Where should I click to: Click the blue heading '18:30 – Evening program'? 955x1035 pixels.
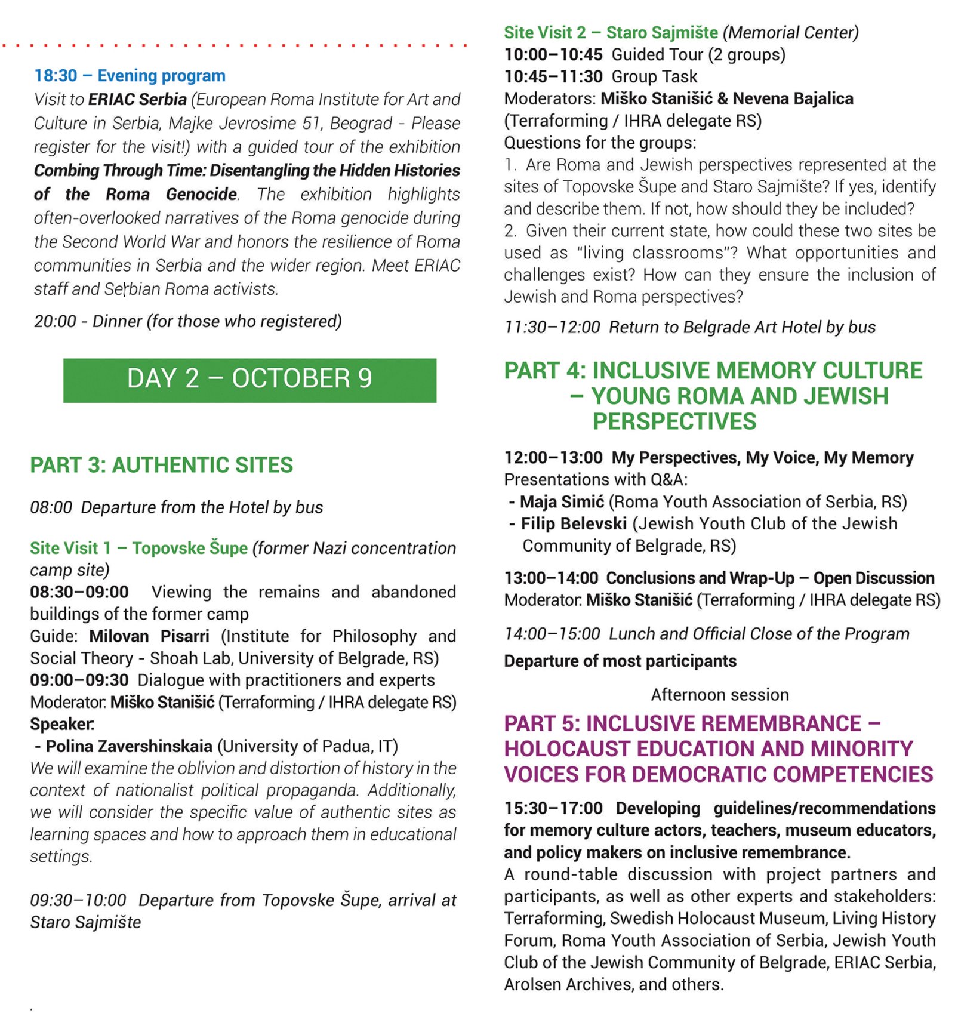click(x=130, y=76)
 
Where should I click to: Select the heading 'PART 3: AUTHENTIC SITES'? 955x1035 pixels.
click(x=161, y=465)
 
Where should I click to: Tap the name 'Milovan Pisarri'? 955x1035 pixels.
click(x=149, y=636)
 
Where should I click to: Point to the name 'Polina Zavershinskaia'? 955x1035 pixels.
click(x=129, y=746)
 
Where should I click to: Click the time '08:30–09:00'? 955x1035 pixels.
click(x=79, y=592)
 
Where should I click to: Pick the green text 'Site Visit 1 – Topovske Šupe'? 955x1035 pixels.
click(x=138, y=548)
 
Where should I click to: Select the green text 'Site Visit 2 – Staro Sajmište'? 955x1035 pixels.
click(x=611, y=32)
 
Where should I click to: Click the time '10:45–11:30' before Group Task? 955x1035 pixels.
click(x=553, y=76)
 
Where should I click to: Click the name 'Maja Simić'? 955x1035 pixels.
click(x=562, y=502)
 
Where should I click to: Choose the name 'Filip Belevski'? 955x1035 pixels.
click(x=574, y=524)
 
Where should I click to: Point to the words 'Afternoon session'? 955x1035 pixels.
click(x=720, y=695)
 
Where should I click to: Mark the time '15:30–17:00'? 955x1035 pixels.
click(x=553, y=808)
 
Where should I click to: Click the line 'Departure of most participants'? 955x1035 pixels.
click(x=620, y=661)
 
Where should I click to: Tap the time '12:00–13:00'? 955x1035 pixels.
click(x=553, y=458)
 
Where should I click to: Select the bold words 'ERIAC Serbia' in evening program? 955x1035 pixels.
click(x=137, y=99)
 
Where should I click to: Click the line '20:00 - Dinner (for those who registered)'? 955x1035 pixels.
click(x=187, y=322)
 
